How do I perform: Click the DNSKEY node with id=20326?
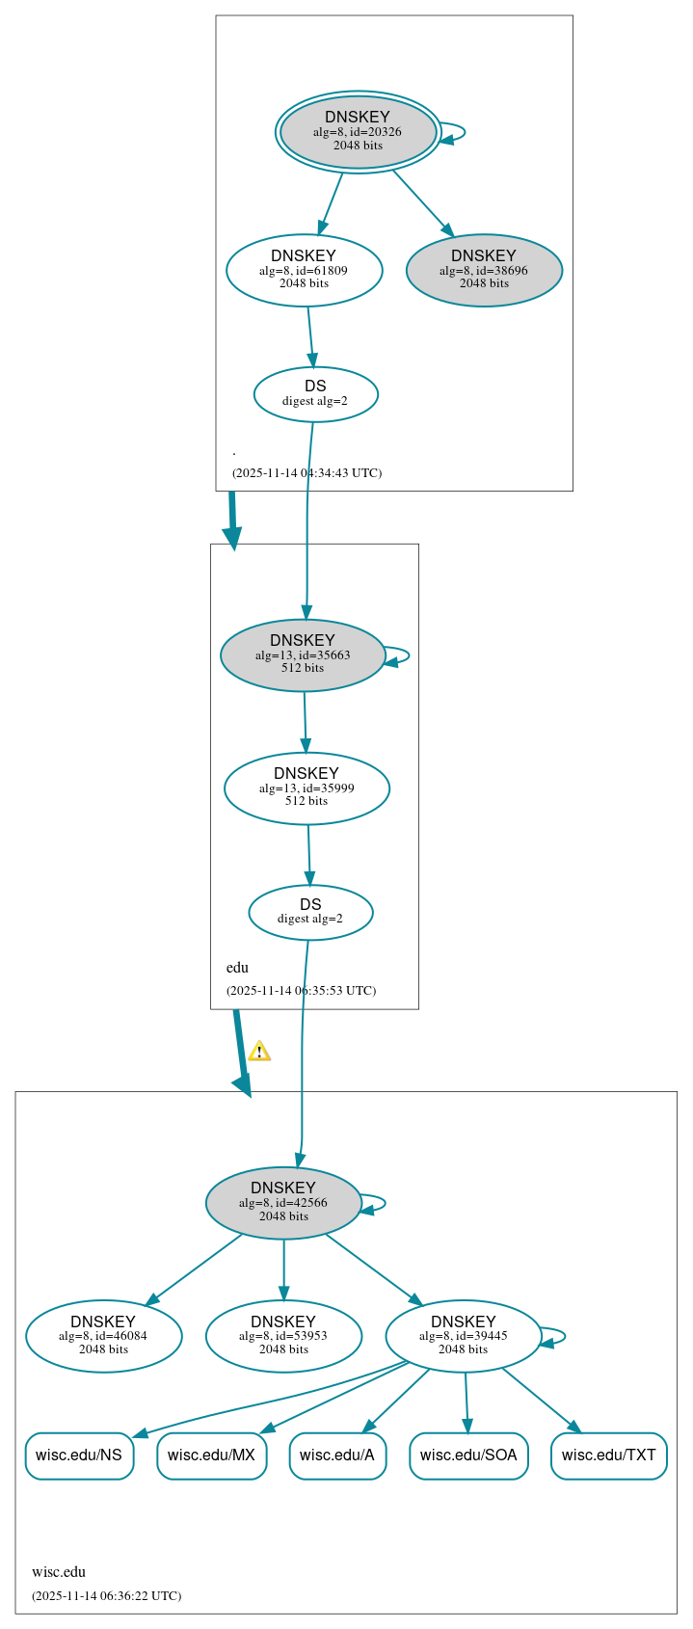click(358, 132)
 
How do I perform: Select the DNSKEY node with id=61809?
click(304, 270)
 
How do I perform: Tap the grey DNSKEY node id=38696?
click(484, 270)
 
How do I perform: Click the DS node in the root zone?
click(315, 393)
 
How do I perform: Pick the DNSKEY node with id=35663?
click(303, 655)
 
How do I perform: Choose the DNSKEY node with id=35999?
click(307, 788)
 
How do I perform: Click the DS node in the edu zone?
click(310, 912)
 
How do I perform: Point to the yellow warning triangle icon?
click(259, 1052)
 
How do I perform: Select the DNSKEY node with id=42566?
click(283, 1203)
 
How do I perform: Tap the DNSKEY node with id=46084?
click(103, 1336)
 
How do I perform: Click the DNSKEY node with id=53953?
click(283, 1336)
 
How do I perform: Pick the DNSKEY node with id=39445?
click(463, 1336)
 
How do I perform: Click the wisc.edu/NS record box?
click(79, 1455)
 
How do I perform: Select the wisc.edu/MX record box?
click(211, 1455)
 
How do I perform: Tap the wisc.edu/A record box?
click(337, 1455)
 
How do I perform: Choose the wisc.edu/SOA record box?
click(468, 1455)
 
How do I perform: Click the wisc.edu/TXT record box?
click(608, 1455)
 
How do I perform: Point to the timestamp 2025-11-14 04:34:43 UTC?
click(307, 473)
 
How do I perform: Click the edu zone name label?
click(237, 968)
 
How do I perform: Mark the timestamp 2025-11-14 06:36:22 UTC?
click(106, 1595)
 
